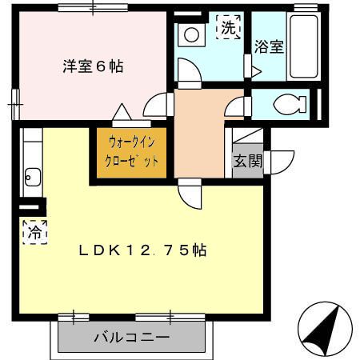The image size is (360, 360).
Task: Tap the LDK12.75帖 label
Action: (142, 250)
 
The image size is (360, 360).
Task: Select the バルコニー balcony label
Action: (130, 338)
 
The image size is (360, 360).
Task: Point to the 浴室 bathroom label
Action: (270, 46)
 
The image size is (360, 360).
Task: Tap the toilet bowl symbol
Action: (286, 104)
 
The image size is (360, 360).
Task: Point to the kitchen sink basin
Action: (32, 175)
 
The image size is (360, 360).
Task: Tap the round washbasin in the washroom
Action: (191, 35)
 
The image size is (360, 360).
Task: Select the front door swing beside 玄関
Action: (281, 161)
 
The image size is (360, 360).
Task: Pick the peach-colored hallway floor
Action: (198, 132)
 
